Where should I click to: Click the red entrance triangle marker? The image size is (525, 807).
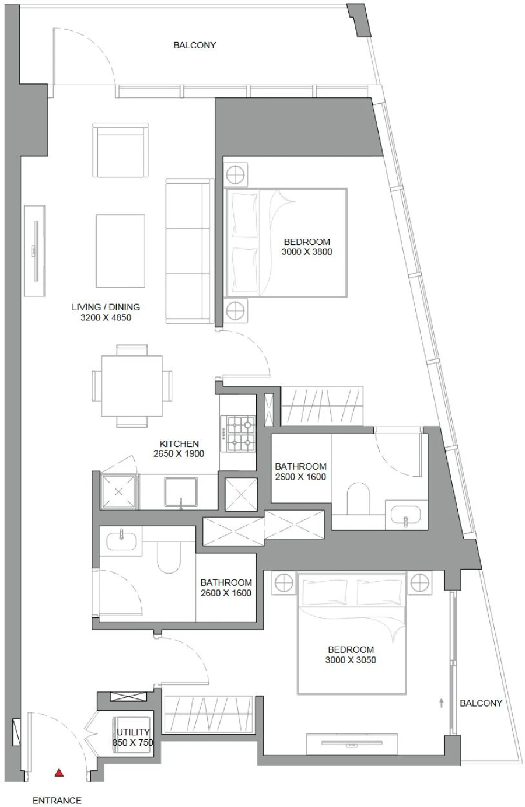[x=58, y=773]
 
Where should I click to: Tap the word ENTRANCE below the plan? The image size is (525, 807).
[x=57, y=801]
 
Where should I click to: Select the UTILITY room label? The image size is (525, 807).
[x=132, y=732]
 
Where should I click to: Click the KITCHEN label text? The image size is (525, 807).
[x=178, y=443]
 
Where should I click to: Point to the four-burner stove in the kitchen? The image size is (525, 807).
[x=241, y=433]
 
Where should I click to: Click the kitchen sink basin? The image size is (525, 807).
[x=181, y=492]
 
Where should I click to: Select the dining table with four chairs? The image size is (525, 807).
[x=132, y=386]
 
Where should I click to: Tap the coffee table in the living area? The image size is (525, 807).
[x=120, y=251]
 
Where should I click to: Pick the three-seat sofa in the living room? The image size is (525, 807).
[x=188, y=251]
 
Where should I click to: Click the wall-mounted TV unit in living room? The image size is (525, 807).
[x=35, y=251]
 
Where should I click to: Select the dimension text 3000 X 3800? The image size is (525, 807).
[x=307, y=252]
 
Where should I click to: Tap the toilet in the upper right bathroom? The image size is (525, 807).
[x=358, y=501]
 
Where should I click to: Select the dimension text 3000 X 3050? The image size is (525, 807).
[x=351, y=660]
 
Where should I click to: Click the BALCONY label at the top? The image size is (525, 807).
[x=194, y=45]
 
